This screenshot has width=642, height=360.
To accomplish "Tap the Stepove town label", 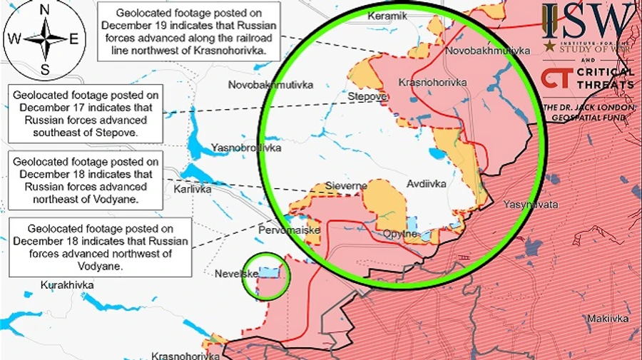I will [x=367, y=96].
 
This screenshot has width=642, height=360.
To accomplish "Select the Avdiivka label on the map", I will [x=426, y=184].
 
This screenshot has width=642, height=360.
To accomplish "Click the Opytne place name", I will [x=400, y=233].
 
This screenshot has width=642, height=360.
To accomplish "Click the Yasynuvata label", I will [x=530, y=205].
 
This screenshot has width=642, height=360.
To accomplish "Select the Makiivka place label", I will [x=608, y=319].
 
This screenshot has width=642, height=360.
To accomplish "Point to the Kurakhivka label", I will [x=67, y=285].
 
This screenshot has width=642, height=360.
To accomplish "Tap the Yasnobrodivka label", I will [x=245, y=148].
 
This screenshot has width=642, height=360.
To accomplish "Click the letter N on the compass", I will [x=44, y=10].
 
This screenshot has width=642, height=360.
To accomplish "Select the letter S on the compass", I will [x=44, y=69].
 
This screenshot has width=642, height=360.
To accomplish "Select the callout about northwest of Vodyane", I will [x=100, y=247].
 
